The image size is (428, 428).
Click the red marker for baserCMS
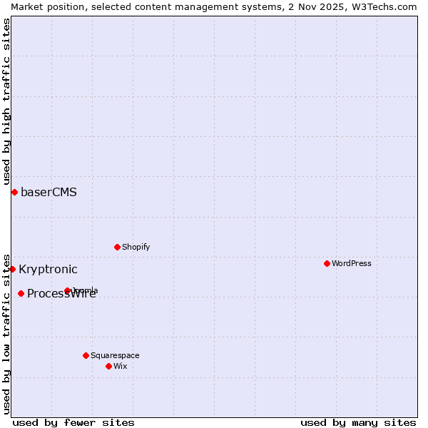coord(14,192)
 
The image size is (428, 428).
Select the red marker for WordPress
coord(327,263)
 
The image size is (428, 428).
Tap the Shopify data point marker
coord(117,247)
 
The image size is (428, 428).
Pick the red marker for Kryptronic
coord(12,269)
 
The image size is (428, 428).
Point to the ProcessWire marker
coord(21,293)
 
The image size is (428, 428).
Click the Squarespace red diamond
coord(86,355)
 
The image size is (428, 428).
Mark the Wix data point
coord(108,366)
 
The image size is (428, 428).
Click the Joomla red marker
coord(68,290)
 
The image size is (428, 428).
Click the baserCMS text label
coord(49,192)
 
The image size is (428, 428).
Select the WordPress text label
coord(351,263)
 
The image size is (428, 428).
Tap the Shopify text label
coord(136,247)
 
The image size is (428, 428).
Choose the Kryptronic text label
coord(48,269)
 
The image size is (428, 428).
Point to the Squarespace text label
coord(115,355)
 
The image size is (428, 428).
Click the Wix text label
coord(120,366)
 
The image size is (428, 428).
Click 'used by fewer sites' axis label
coord(73,422)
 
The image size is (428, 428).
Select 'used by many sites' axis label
coord(358,422)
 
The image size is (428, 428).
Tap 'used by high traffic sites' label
coord(6,100)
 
